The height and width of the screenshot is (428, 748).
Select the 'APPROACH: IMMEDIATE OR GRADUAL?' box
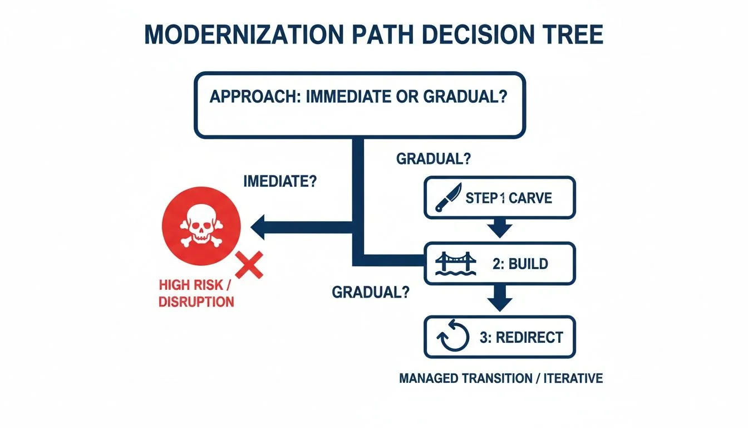(359, 105)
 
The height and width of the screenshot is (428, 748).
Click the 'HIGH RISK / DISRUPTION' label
(196, 294)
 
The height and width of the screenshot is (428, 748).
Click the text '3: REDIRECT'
(521, 337)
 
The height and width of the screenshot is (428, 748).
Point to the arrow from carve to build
(499, 227)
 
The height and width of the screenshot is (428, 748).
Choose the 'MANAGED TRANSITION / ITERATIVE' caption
(501, 378)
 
